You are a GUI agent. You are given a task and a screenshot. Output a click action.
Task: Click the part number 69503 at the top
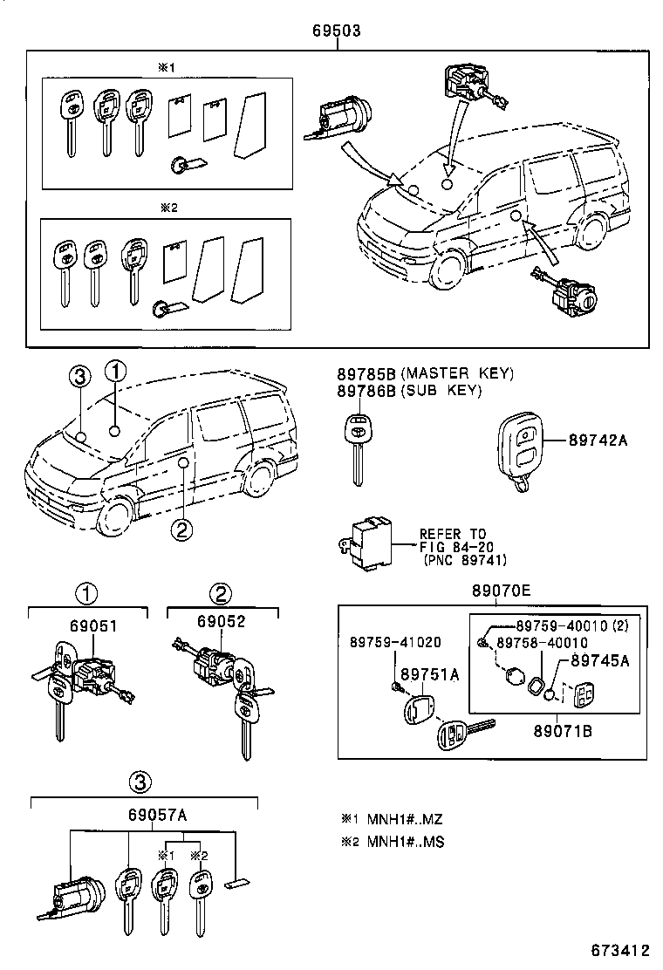pyautogui.click(x=336, y=31)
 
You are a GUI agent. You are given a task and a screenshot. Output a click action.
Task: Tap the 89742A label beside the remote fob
pyautogui.click(x=599, y=441)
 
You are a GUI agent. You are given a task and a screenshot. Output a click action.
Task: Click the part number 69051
pyautogui.click(x=96, y=625)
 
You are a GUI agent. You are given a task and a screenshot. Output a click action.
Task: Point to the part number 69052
pyautogui.click(x=221, y=621)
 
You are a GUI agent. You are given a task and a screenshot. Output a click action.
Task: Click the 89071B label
pyautogui.click(x=563, y=731)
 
